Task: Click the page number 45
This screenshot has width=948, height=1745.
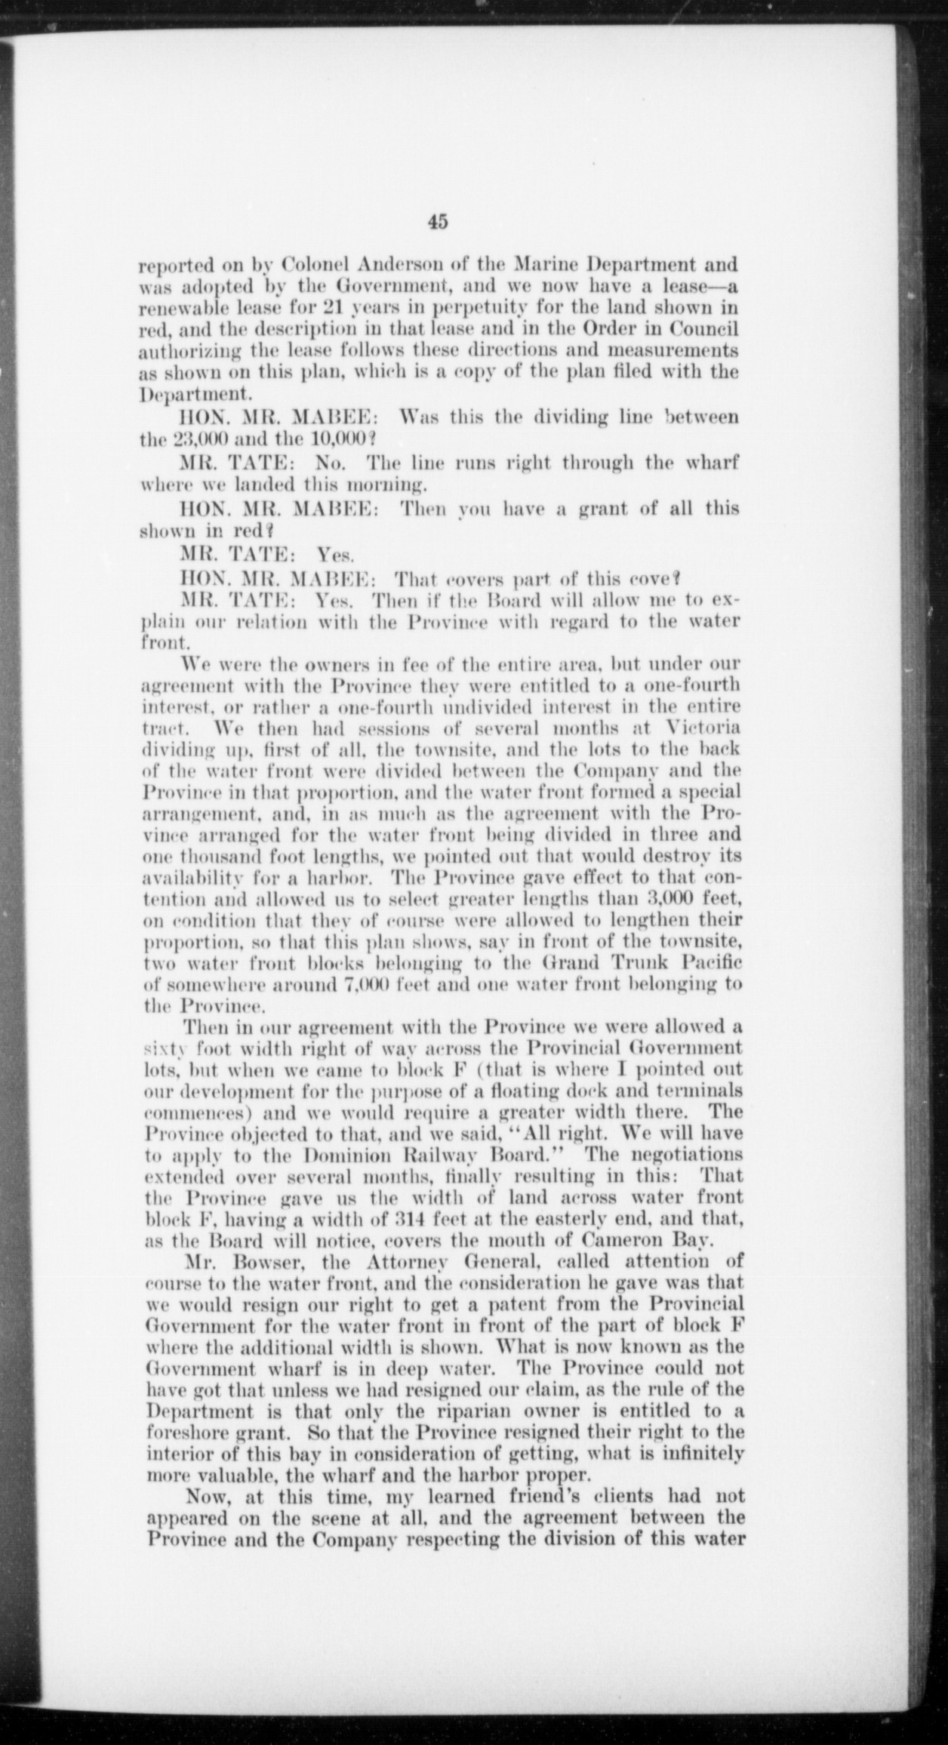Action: (437, 221)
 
